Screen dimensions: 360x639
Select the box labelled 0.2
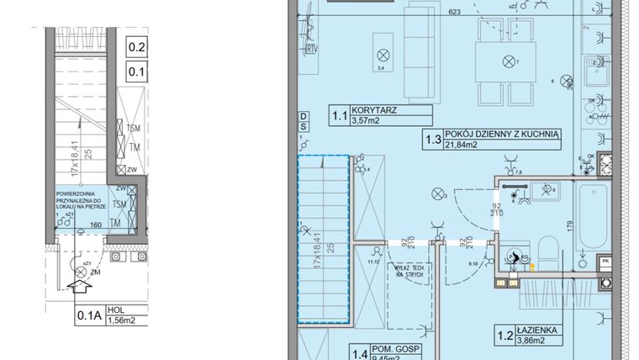point(136,49)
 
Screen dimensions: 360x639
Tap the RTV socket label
point(312,48)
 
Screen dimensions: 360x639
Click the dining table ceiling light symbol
point(508,61)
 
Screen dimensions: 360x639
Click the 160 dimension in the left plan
point(96,225)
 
